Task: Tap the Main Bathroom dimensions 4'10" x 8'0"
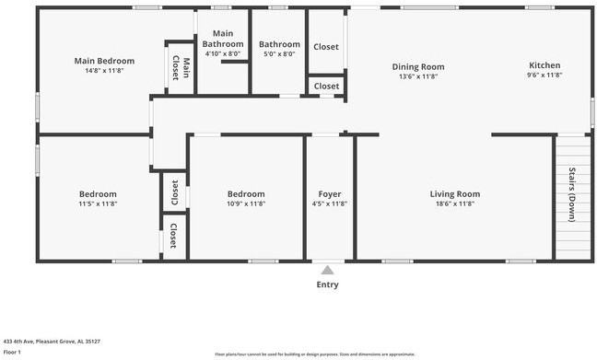223,54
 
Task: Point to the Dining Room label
418,66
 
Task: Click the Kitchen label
544,65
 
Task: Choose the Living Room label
455,193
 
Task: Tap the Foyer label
330,194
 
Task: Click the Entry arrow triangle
327,270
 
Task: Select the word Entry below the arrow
327,285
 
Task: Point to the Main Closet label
181,68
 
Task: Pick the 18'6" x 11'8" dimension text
455,203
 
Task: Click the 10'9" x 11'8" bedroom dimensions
246,203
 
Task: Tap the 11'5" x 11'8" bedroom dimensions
98,203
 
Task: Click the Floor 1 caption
12,352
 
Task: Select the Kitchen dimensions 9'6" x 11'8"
544,76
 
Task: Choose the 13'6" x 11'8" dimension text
418,76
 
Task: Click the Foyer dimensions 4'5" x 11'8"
330,203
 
